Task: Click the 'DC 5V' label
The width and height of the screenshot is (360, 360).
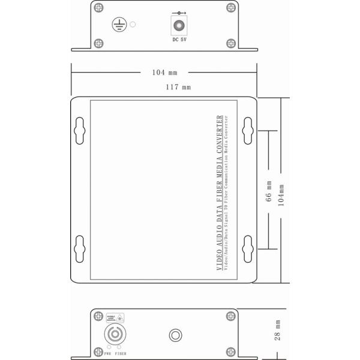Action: [179, 40]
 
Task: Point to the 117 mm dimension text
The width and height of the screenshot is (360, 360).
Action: [179, 88]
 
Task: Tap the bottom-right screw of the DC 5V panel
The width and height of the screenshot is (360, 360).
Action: [232, 43]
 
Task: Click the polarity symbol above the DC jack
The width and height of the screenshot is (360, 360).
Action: [179, 12]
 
